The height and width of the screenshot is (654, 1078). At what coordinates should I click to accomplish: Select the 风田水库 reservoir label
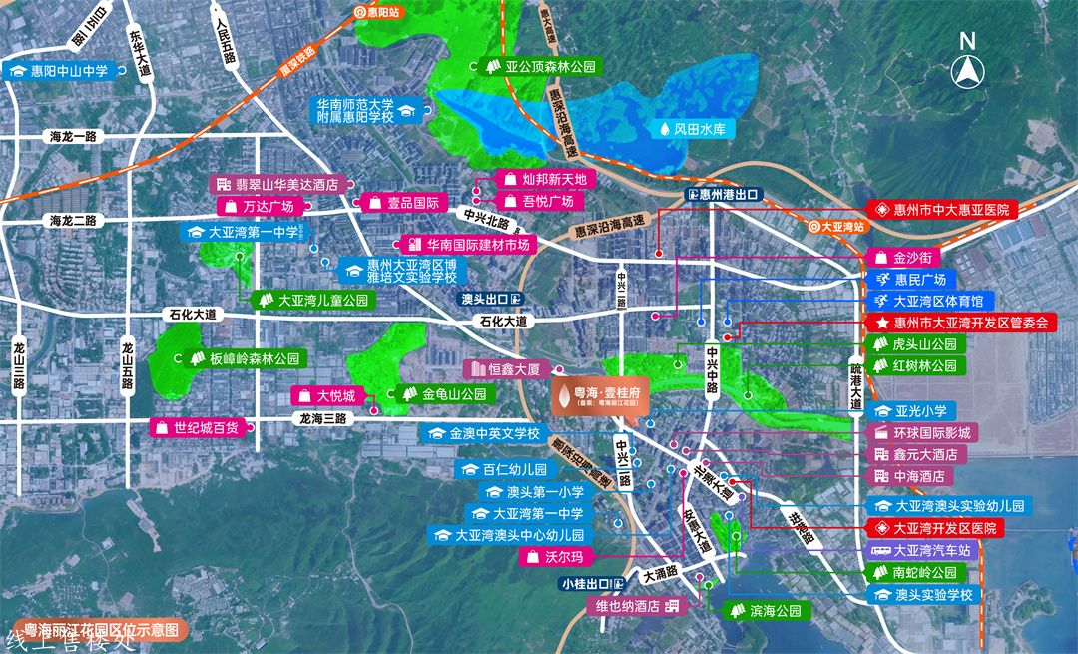pos(695,129)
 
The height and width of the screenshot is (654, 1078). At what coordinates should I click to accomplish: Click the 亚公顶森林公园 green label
pos(539,67)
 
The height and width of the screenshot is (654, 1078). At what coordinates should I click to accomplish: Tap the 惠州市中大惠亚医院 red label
pos(940,210)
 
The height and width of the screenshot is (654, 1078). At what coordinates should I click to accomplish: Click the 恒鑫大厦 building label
pos(504,369)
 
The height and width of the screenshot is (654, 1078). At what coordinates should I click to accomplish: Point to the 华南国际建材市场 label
pos(468,244)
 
